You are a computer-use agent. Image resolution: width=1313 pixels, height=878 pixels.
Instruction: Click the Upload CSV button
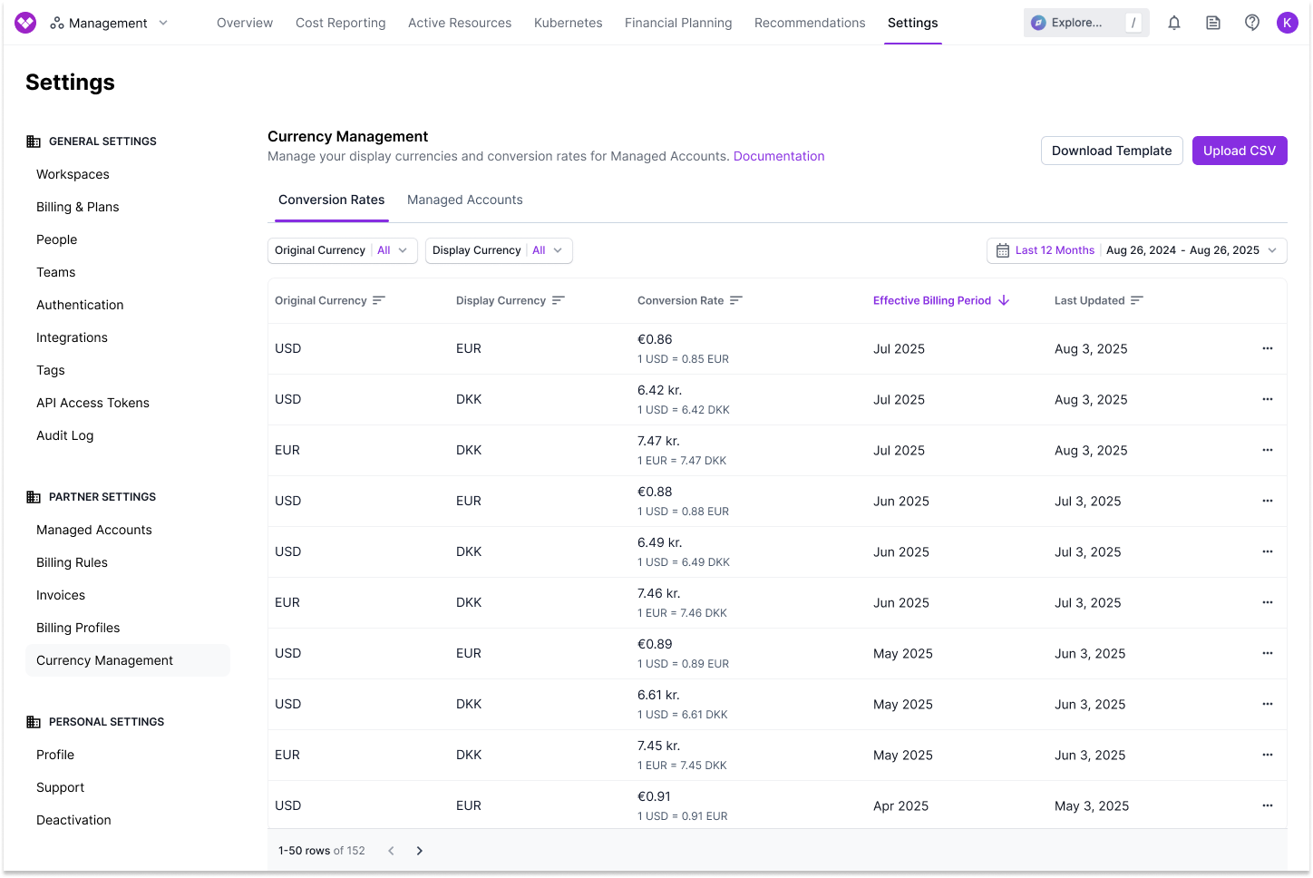[1239, 151]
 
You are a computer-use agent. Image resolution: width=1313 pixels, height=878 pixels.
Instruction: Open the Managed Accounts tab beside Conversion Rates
[464, 200]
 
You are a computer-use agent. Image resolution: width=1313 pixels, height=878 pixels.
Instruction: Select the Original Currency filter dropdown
[342, 250]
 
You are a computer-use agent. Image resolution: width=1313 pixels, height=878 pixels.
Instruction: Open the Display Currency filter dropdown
[498, 250]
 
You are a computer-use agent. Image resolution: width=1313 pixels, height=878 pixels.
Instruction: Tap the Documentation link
[778, 156]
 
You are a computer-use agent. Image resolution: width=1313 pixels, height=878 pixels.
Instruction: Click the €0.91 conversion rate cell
[654, 796]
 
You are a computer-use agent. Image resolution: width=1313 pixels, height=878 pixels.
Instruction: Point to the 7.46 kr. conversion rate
[658, 593]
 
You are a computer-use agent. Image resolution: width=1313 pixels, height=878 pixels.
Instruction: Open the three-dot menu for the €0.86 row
[1267, 348]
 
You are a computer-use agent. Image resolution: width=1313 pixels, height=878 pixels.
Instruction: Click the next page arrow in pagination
[419, 851]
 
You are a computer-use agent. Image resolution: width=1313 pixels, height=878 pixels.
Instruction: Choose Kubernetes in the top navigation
[568, 23]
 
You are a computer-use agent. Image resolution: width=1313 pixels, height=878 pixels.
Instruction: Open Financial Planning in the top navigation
[677, 23]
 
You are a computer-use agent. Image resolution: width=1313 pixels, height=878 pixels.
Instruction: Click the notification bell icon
[1173, 23]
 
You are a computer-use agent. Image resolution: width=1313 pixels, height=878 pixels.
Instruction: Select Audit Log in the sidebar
[64, 435]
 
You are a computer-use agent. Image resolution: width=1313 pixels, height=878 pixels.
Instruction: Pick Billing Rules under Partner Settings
[72, 562]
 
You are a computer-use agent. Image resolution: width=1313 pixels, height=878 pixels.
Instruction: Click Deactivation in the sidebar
[73, 820]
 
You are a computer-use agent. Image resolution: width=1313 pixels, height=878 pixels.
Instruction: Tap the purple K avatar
[1287, 23]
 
